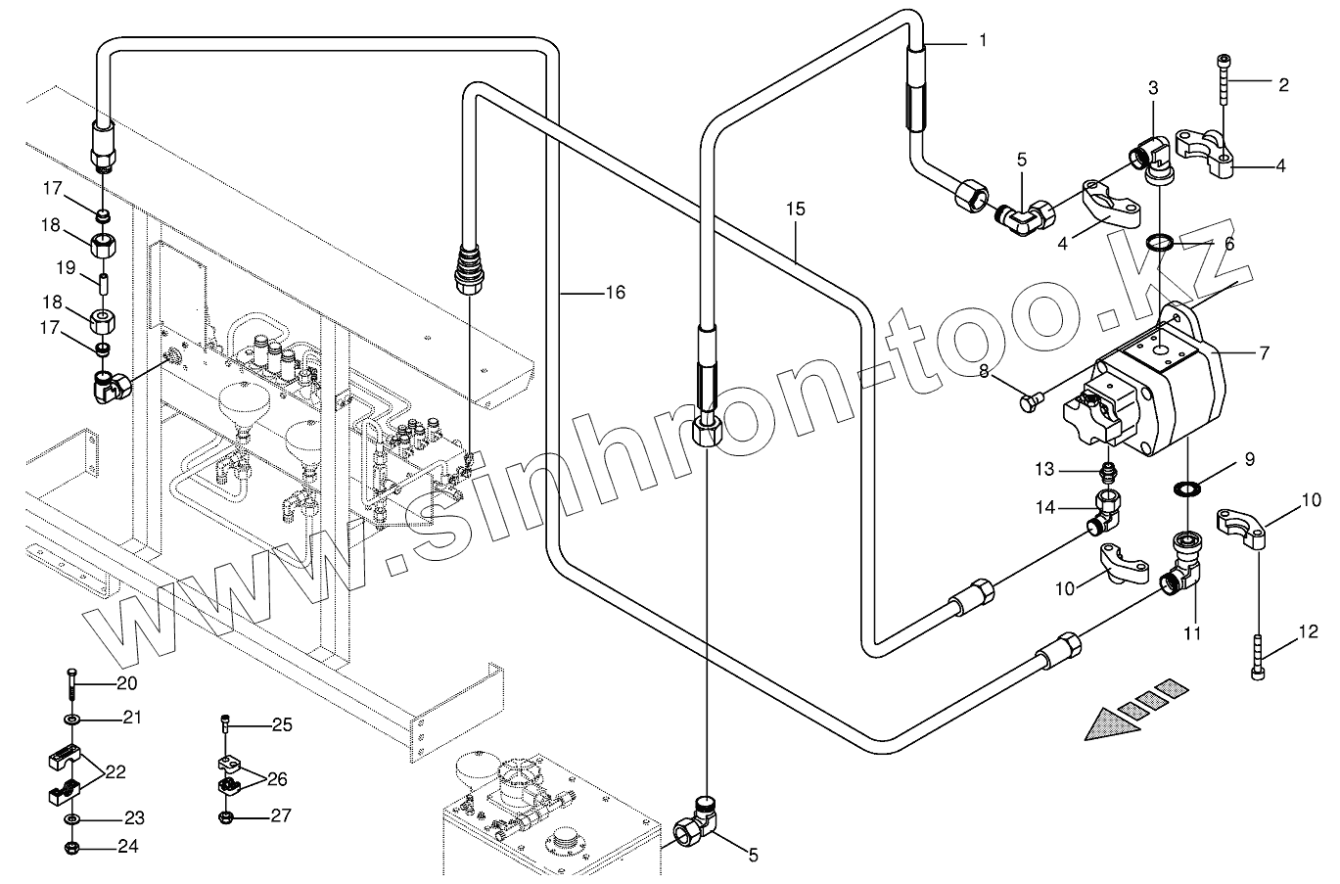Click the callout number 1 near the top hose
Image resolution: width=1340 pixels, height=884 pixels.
click(982, 40)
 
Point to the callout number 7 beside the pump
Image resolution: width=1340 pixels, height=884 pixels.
click(1265, 353)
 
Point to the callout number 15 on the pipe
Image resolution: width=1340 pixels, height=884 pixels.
click(795, 209)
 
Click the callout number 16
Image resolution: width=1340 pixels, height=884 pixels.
click(614, 293)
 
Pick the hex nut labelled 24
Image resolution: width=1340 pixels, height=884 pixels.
click(72, 847)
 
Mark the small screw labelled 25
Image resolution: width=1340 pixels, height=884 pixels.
click(226, 725)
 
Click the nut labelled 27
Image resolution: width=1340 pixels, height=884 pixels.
click(225, 814)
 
